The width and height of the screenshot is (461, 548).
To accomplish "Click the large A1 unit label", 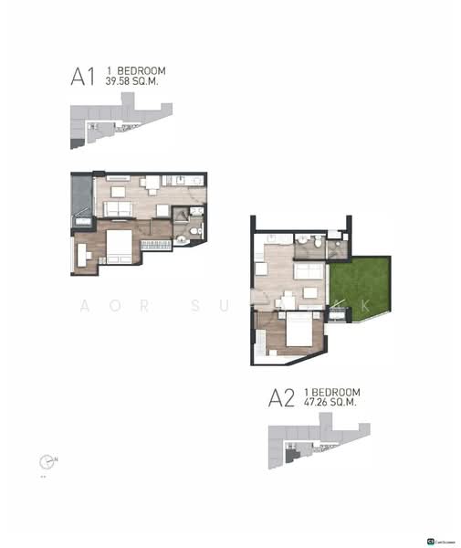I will click(x=83, y=77).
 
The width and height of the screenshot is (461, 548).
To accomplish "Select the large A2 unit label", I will click(x=280, y=398).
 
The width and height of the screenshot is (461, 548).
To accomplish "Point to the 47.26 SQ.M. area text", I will click(x=332, y=401).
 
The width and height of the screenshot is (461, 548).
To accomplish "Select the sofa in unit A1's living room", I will click(x=118, y=210).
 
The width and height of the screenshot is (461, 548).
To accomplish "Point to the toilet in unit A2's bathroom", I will click(x=314, y=244).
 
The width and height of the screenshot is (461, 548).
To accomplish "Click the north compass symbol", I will click(x=47, y=461).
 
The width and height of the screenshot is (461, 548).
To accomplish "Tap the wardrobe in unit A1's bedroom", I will click(x=152, y=245).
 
